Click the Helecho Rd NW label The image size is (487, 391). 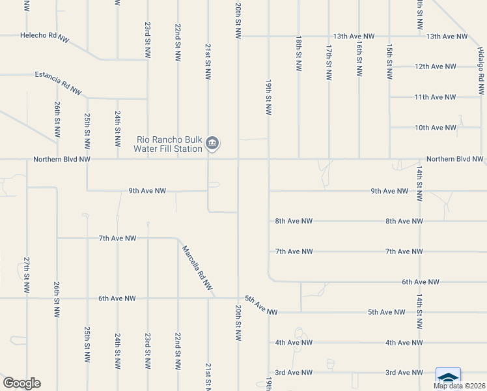pyautogui.click(x=44, y=37)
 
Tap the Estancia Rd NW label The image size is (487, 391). pyautogui.click(x=58, y=84)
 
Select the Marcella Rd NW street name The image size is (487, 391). pyautogui.click(x=197, y=267)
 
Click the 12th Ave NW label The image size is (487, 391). pyautogui.click(x=435, y=66)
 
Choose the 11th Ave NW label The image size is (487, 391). pyautogui.click(x=435, y=97)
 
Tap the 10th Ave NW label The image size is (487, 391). pyautogui.click(x=435, y=128)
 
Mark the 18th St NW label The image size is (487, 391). pyautogui.click(x=298, y=49)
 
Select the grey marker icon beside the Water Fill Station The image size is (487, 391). pyautogui.click(x=212, y=143)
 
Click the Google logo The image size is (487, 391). pyautogui.click(x=21, y=383)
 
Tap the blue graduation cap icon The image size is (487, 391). pyautogui.click(x=448, y=377)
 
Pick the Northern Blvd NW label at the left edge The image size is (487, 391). pyautogui.click(x=61, y=159)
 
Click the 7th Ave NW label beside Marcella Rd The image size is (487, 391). pyautogui.click(x=117, y=239)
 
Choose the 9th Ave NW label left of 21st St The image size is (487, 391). pyautogui.click(x=147, y=191)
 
